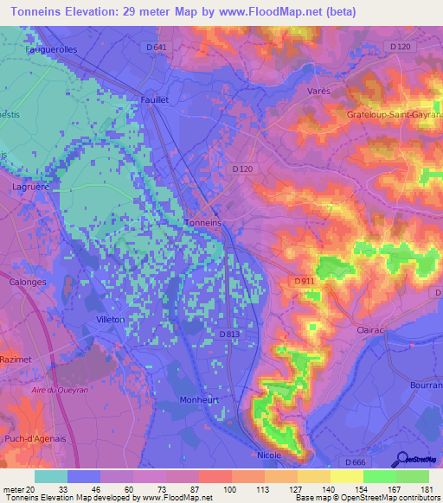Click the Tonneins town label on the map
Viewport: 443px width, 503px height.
pos(204,222)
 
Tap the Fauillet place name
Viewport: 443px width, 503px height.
pos(153,99)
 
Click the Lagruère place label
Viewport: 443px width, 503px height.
pos(30,185)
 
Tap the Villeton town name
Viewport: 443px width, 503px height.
pos(110,320)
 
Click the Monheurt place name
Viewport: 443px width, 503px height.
pos(200,399)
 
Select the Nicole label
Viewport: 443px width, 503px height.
pos(269,453)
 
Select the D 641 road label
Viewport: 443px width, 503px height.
pos(156,46)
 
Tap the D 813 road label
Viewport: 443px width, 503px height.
pos(228,334)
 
